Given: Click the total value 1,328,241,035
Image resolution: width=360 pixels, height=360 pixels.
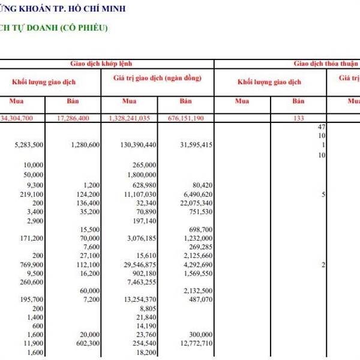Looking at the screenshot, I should (x=130, y=118).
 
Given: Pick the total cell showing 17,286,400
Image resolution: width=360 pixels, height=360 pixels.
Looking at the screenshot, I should (x=73, y=118).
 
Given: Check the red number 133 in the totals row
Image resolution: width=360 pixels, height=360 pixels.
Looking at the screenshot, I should (x=298, y=118).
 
